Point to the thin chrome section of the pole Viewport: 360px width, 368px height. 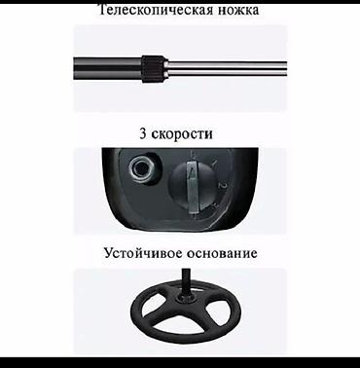234,65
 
